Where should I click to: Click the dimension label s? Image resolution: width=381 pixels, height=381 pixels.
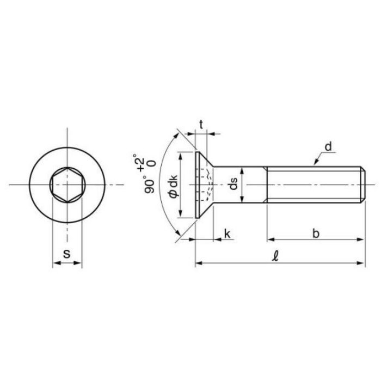coord(66,253)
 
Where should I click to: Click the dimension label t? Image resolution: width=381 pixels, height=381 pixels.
coord(201,124)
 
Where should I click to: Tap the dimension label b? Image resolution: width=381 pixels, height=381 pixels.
coord(316,233)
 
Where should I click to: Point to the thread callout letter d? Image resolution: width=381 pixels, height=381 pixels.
coord(329,146)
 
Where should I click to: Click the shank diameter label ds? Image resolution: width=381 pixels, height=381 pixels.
coord(233,185)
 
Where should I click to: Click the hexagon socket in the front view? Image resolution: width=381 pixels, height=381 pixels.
coord(67,185)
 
